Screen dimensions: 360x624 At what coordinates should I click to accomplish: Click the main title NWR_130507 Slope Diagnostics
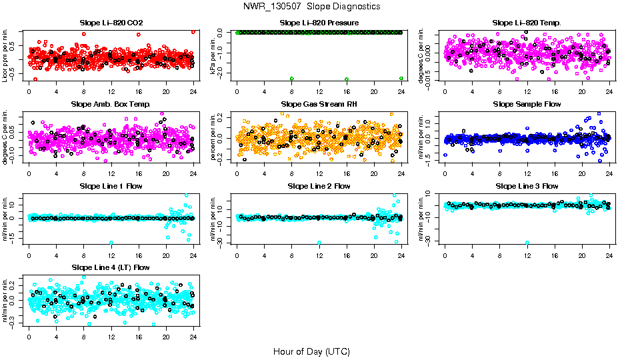(311, 6)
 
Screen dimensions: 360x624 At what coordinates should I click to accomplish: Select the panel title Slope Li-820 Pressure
(319, 23)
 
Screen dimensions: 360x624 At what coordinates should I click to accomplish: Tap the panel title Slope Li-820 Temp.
(527, 23)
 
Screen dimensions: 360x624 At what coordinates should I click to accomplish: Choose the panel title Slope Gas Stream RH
(319, 105)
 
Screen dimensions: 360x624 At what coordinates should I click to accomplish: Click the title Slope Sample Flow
(527, 105)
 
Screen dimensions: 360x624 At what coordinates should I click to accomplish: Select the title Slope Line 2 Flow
(319, 186)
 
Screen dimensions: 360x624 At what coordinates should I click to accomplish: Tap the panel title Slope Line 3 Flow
(527, 186)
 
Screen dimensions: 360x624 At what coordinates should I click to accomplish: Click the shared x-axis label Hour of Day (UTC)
(311, 351)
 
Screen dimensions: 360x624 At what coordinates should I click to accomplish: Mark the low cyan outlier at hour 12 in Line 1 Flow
(111, 243)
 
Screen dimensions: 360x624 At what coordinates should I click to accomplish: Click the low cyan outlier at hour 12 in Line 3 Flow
(527, 243)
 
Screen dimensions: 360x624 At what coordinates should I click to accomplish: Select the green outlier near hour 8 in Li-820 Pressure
(291, 79)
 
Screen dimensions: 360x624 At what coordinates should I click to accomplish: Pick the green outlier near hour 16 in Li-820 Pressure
(347, 79)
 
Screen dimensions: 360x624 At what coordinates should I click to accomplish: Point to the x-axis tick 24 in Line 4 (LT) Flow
(193, 337)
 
